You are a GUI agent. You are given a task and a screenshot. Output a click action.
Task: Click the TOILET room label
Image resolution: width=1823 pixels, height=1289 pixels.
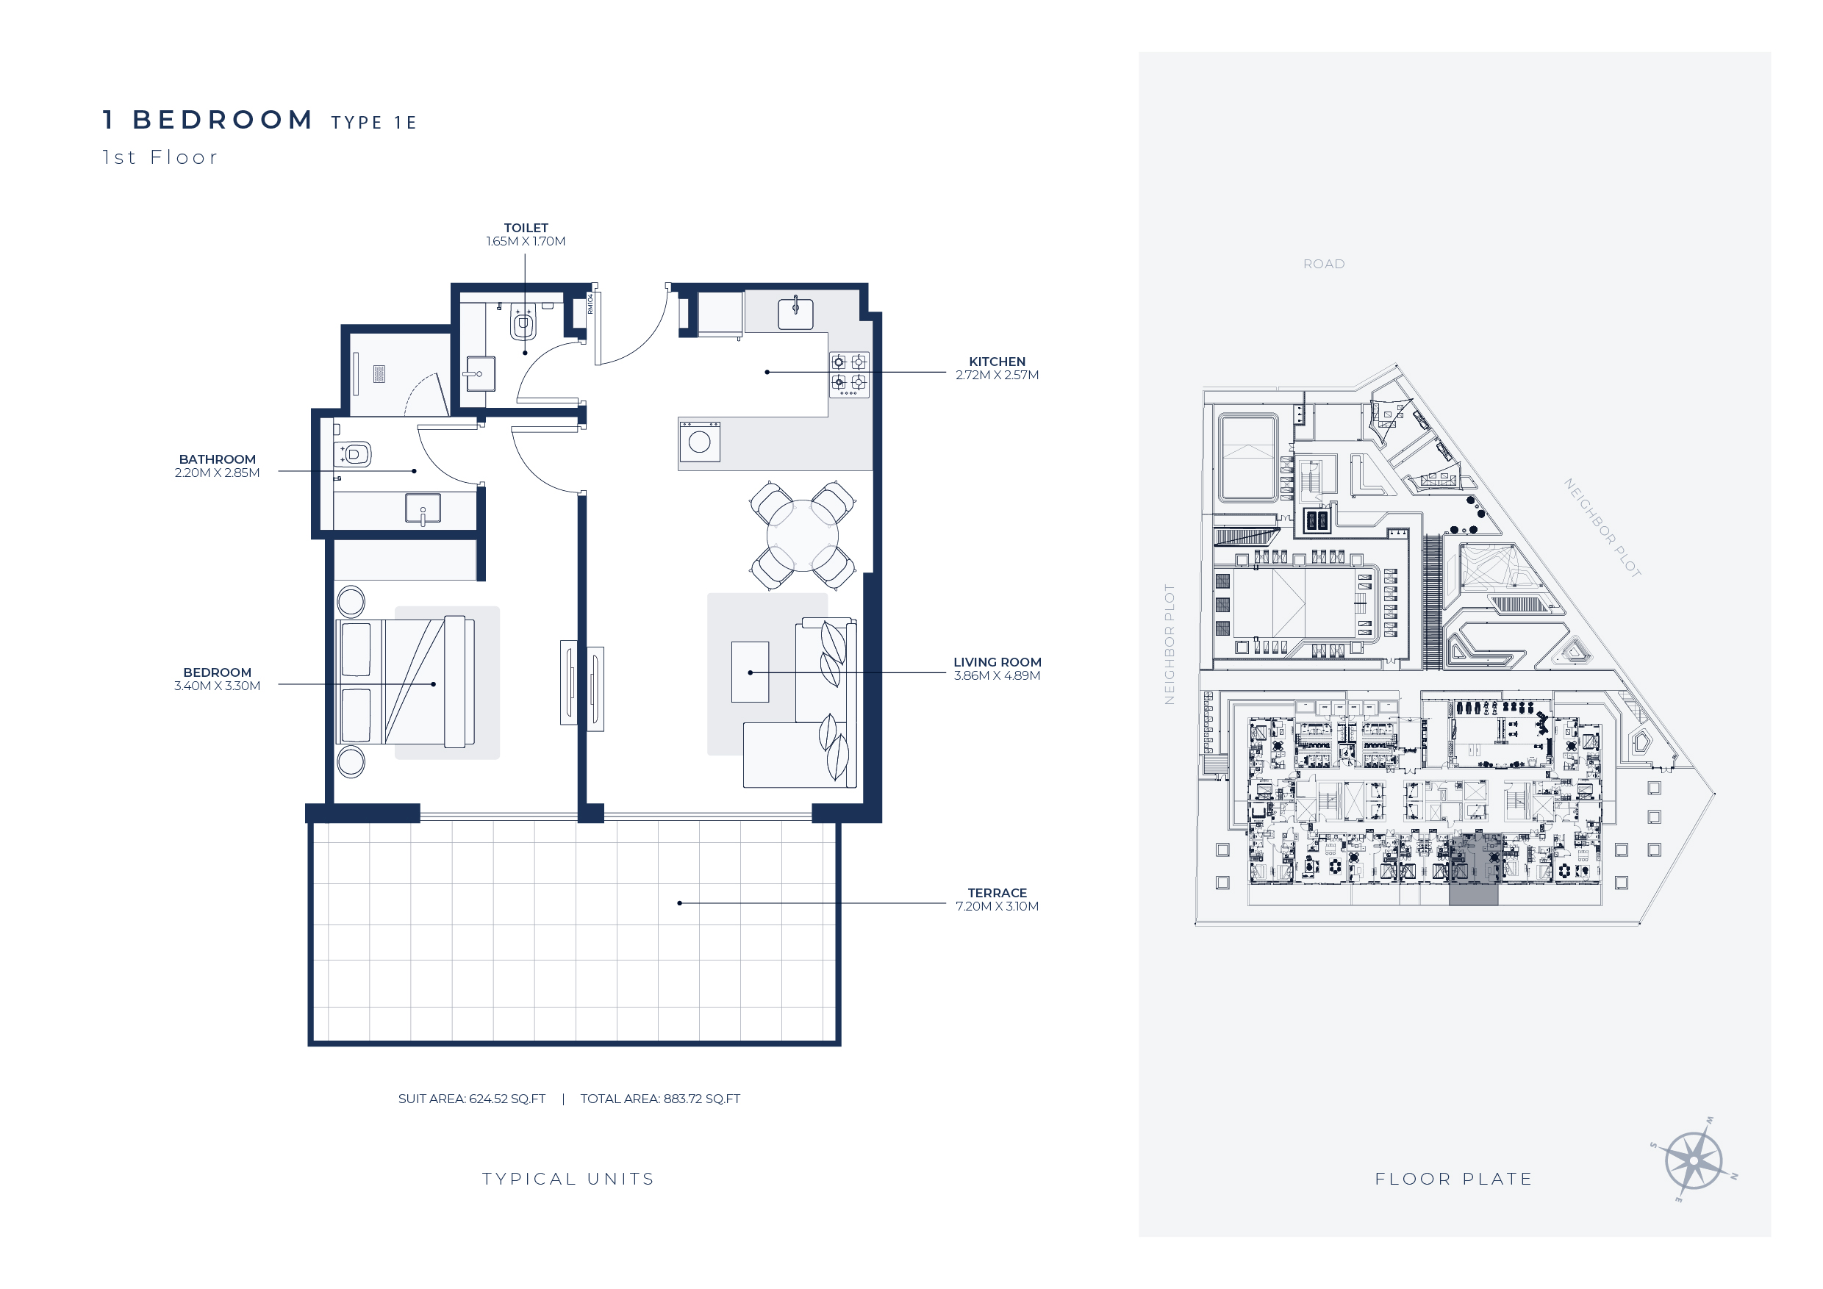(x=526, y=228)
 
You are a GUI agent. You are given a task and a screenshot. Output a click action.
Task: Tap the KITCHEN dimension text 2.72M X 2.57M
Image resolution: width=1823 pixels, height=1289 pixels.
(x=997, y=376)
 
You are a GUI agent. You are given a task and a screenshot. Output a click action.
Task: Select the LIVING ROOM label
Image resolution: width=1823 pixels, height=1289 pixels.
(x=998, y=662)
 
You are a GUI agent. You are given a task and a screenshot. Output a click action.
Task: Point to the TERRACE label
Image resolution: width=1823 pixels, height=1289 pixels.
(x=998, y=893)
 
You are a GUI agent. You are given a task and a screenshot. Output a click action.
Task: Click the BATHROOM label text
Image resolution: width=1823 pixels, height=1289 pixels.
(x=218, y=459)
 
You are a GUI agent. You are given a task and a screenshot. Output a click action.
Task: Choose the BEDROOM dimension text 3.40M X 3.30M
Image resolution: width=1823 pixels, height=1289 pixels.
(x=218, y=686)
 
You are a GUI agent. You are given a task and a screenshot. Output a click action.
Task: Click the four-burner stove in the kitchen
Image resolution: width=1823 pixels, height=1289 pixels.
(x=849, y=374)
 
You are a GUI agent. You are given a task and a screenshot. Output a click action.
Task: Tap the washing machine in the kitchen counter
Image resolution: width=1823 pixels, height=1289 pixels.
(x=700, y=442)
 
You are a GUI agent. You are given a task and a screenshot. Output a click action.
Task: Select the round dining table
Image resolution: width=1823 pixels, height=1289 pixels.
(x=802, y=536)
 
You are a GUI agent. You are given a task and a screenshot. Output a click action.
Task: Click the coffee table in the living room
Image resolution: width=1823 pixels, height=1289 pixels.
(x=750, y=672)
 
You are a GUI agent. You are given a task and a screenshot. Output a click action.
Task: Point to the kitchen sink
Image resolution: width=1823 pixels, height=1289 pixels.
(x=795, y=314)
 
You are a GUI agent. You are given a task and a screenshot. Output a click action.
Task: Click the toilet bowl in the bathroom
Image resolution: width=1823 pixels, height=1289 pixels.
(x=356, y=455)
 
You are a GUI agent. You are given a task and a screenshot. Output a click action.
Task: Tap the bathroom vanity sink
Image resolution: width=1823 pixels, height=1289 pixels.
(x=423, y=509)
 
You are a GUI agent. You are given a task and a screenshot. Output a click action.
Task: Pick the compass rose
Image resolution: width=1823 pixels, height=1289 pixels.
(x=1694, y=1160)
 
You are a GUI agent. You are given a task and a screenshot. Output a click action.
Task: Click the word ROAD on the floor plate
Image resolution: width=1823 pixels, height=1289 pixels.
(x=1324, y=265)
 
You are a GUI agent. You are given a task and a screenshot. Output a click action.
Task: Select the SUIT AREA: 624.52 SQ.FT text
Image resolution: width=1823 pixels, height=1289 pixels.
(x=472, y=1099)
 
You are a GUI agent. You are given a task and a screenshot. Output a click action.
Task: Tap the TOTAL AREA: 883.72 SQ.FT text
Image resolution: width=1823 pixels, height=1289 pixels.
(x=660, y=1099)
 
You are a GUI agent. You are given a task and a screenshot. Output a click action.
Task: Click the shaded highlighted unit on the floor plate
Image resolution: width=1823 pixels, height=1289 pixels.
(x=1474, y=870)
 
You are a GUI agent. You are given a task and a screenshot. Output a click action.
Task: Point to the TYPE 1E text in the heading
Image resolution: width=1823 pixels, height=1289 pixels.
(x=374, y=123)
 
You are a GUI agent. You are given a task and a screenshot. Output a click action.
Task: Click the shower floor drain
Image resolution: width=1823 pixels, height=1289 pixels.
(x=379, y=374)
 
